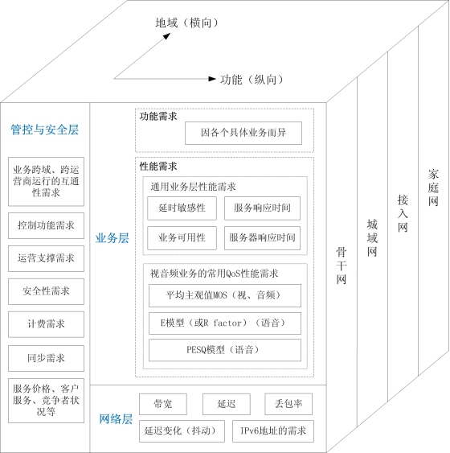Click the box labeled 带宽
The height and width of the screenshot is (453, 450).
[x=163, y=404]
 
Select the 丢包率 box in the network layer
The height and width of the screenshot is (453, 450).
[x=288, y=404]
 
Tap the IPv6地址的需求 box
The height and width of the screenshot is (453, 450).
[x=273, y=431]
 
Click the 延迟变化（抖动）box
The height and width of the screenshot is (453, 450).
[x=182, y=431]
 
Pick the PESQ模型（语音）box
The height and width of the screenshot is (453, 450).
[x=225, y=350]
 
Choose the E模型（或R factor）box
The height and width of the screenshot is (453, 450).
[x=225, y=323]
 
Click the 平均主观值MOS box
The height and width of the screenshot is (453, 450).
[x=225, y=295]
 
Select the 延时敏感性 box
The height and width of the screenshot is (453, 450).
[x=182, y=208]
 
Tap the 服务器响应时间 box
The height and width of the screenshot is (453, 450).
[x=262, y=238]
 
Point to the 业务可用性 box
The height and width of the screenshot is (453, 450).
[x=182, y=238]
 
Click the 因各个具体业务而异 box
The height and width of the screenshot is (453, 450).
[x=243, y=133]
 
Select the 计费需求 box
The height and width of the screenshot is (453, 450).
[x=46, y=324]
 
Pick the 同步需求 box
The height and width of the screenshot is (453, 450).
[x=46, y=358]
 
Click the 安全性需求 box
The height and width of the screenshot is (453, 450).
[x=46, y=291]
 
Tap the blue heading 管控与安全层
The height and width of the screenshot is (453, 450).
[x=45, y=130]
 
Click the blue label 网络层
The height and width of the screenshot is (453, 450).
[x=116, y=419]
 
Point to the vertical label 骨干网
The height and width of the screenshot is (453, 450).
[x=342, y=266]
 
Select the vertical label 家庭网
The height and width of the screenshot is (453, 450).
[x=433, y=187]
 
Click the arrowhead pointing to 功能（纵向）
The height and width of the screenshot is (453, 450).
[x=212, y=79]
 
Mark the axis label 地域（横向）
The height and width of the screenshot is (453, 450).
[x=187, y=23]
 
